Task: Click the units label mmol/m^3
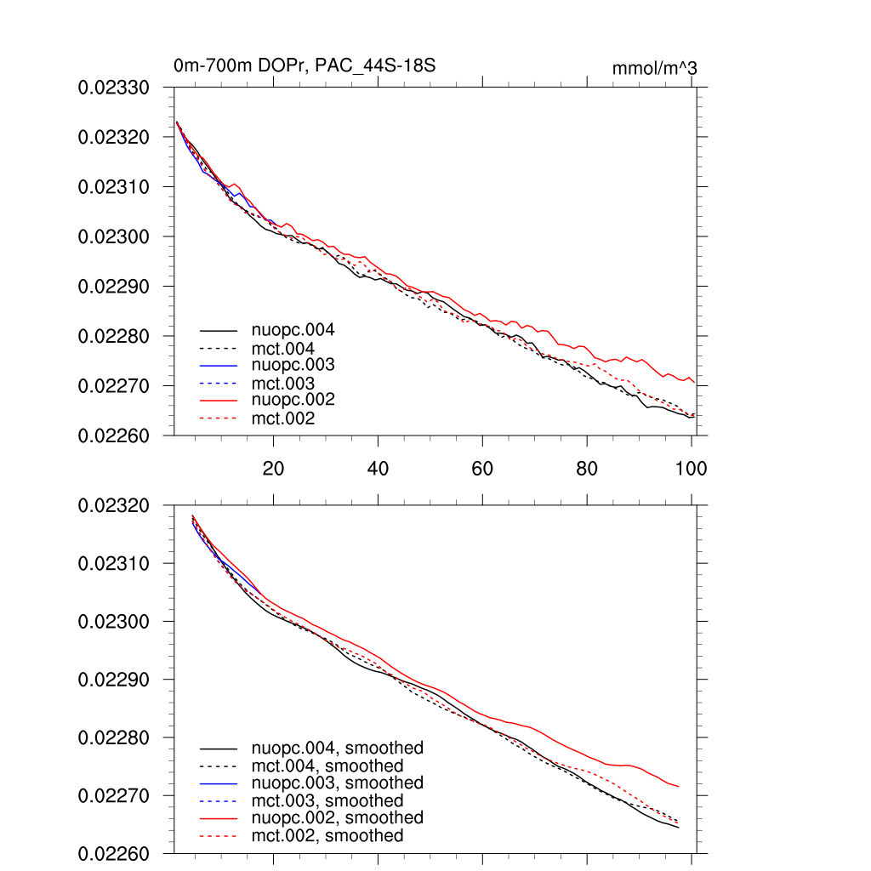pyautogui.click(x=655, y=68)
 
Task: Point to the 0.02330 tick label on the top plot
pyautogui.click(x=114, y=88)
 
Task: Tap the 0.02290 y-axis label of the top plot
pyautogui.click(x=114, y=287)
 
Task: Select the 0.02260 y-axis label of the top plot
pyautogui.click(x=114, y=436)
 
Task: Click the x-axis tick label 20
pyautogui.click(x=273, y=468)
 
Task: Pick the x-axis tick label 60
pyautogui.click(x=482, y=468)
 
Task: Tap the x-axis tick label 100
pyautogui.click(x=691, y=468)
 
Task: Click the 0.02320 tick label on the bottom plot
pyautogui.click(x=114, y=506)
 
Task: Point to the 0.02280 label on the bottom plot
pyautogui.click(x=114, y=738)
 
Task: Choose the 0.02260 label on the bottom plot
pyautogui.click(x=114, y=854)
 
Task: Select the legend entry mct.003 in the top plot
pyautogui.click(x=283, y=384)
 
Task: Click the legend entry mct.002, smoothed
pyautogui.click(x=327, y=836)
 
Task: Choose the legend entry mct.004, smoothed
pyautogui.click(x=327, y=766)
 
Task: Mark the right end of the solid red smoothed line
pyautogui.click(x=679, y=786)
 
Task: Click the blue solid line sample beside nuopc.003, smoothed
pyautogui.click(x=218, y=783)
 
